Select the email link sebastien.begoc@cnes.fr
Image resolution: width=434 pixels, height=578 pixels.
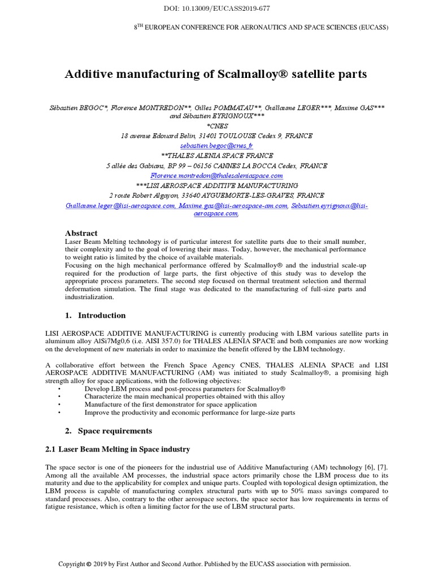click(x=217, y=145)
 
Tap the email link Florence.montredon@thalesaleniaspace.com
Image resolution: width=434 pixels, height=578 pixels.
click(x=217, y=176)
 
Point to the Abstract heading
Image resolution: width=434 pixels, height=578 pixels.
click(x=81, y=233)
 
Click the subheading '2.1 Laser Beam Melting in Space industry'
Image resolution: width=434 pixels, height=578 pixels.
click(x=118, y=449)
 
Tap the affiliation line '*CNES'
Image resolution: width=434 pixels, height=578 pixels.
click(x=217, y=126)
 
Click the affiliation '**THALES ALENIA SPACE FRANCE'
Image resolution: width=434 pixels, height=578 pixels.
click(x=217, y=155)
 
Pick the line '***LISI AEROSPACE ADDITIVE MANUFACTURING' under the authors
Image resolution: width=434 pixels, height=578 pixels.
click(x=217, y=186)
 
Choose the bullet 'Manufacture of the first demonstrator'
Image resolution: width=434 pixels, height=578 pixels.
click(x=170, y=405)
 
